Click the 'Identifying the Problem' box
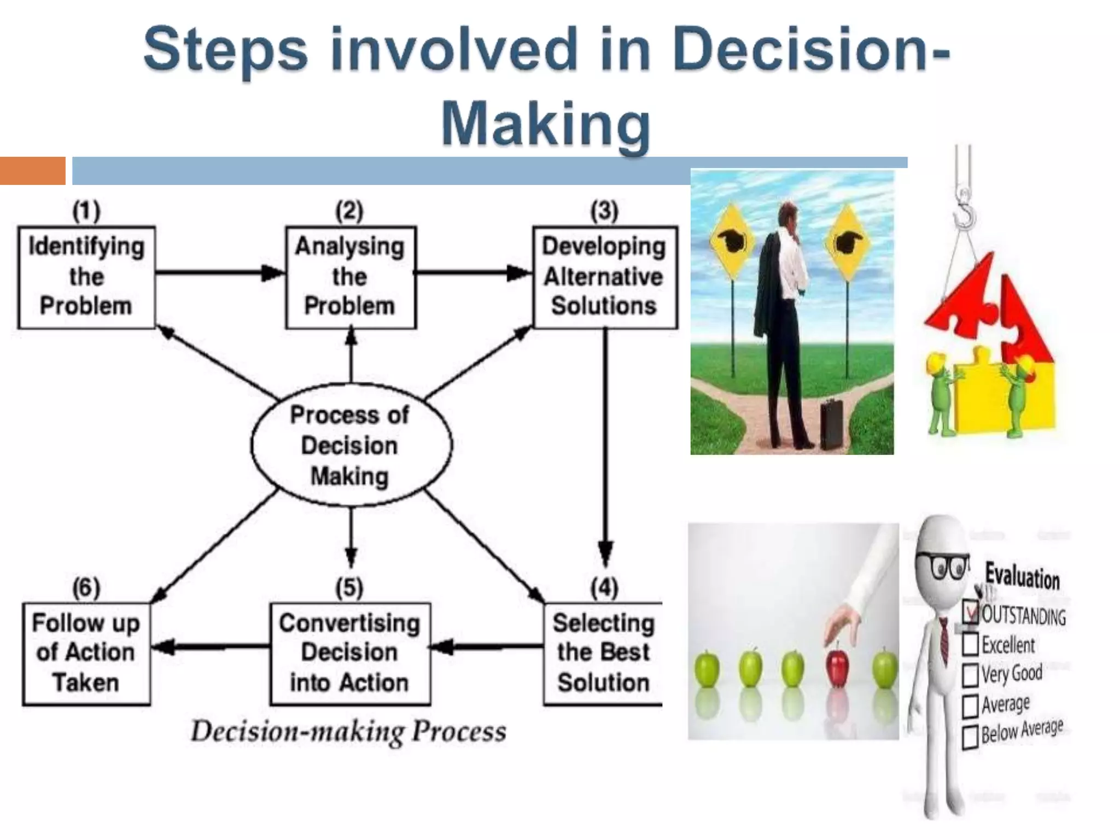[86, 277]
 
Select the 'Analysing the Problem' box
[350, 277]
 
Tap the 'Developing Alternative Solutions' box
[604, 277]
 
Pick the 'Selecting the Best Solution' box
[603, 654]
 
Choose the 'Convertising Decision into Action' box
[350, 654]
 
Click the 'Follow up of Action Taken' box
[86, 654]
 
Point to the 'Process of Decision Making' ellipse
[351, 445]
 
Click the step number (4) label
[604, 588]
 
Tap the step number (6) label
[86, 588]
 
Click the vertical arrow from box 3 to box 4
[605, 443]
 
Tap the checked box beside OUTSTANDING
[970, 613]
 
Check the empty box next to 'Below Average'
[970, 737]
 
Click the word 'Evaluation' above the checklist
[1022, 577]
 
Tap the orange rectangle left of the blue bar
[32, 171]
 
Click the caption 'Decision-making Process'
[348, 732]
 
